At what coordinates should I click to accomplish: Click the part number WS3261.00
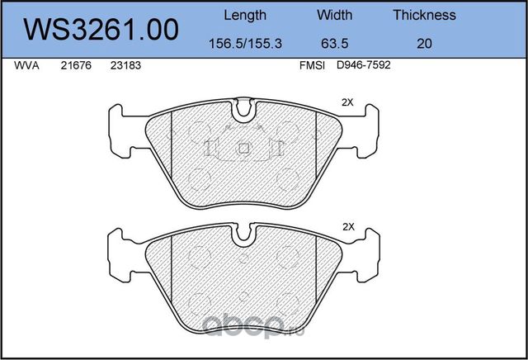coord(101,30)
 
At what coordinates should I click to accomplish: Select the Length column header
coord(245,15)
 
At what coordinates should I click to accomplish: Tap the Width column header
coord(334,15)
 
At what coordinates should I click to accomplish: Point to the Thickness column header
coord(424,15)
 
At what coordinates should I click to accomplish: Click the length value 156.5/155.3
coord(246,44)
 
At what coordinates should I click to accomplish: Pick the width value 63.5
coord(334,44)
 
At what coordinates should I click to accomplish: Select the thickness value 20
coord(424,44)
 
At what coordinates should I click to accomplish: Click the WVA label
coord(26,65)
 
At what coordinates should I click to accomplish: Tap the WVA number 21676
coord(76,65)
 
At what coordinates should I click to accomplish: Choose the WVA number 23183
coord(125,65)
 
